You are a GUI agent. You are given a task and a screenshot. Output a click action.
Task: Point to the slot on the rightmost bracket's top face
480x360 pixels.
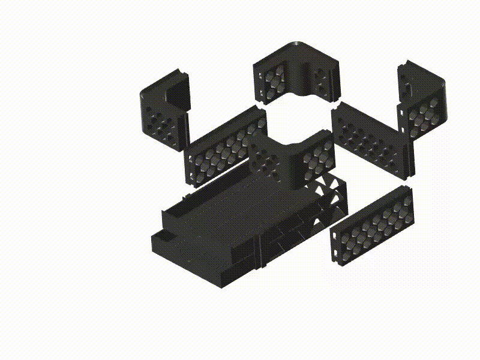point(409,89)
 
